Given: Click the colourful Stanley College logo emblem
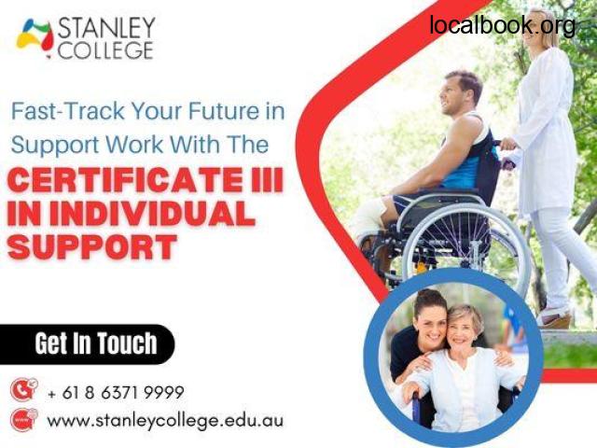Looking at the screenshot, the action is pyautogui.click(x=35, y=38).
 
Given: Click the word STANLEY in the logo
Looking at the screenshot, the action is pyautogui.click(x=106, y=28).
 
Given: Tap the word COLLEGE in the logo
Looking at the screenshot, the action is pyautogui.click(x=105, y=50).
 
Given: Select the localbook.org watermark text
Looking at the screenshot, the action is pyautogui.click(x=503, y=24).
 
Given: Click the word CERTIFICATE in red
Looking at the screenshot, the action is pyautogui.click(x=124, y=180).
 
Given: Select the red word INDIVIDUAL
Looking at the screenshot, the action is pyautogui.click(x=152, y=214).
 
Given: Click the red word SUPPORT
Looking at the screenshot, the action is pyautogui.click(x=92, y=246).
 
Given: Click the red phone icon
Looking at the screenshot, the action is pyautogui.click(x=24, y=389).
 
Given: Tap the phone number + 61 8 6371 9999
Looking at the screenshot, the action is pyautogui.click(x=116, y=392).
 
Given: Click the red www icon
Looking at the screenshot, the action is pyautogui.click(x=24, y=419).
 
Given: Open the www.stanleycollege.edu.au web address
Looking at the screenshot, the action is pyautogui.click(x=165, y=421).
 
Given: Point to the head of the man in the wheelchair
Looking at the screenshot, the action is pyautogui.click(x=461, y=93).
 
